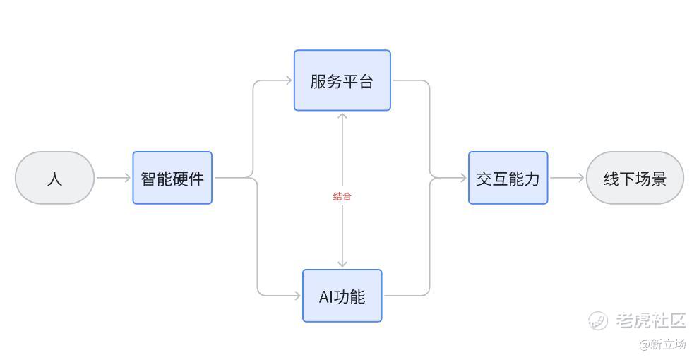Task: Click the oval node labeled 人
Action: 54,178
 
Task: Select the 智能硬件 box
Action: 172,178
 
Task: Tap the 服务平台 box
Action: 342,80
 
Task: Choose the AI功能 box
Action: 342,296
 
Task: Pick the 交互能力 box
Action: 508,178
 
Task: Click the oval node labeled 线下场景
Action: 635,178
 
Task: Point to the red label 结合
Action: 342,196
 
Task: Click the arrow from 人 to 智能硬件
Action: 113,178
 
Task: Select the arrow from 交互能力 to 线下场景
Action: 566,178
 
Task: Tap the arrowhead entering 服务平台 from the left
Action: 288,80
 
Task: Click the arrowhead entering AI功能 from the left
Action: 297,296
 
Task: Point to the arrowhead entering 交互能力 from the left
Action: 462,178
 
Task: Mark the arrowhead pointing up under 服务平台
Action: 342,116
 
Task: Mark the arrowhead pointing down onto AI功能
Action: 342,263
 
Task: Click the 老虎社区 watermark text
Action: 650,320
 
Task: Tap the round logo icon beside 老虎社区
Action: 598,320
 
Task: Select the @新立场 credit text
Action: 662,344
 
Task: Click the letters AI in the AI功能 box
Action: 325,296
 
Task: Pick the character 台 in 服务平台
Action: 366,81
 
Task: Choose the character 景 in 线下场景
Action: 659,179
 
